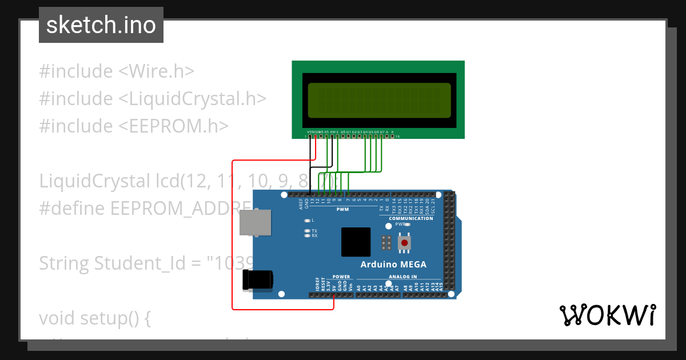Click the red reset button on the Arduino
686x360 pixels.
point(405,243)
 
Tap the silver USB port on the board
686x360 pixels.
point(255,222)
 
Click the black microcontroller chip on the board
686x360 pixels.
point(356,242)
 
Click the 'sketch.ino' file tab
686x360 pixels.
point(101,25)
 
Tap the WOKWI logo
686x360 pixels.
point(608,315)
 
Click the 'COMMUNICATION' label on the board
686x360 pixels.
point(411,218)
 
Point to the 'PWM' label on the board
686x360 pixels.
point(342,210)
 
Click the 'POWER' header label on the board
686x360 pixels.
point(341,277)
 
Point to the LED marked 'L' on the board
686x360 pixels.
point(308,220)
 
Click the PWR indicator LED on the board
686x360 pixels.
point(408,225)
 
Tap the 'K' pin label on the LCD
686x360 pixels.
point(392,132)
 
